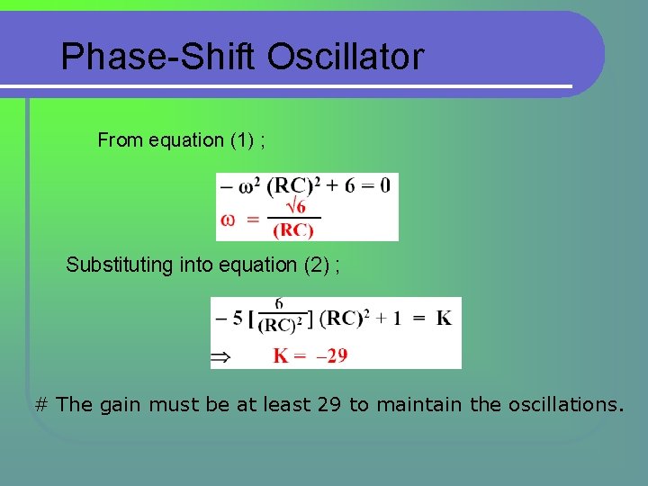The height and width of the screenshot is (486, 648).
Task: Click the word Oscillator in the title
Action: (x=345, y=57)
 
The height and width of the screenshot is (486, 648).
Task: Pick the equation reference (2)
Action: (x=316, y=265)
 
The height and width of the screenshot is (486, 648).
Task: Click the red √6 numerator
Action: (x=293, y=207)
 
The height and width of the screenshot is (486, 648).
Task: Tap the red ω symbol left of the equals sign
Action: (x=229, y=219)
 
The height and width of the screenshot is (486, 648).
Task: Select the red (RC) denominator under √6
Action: (x=293, y=230)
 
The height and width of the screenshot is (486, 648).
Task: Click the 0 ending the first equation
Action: (x=385, y=186)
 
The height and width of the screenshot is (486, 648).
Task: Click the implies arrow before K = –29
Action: (x=220, y=357)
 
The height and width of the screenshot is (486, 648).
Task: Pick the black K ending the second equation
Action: (x=444, y=318)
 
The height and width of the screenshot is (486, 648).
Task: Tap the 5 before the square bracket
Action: (x=238, y=318)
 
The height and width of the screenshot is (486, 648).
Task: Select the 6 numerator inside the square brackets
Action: (x=279, y=305)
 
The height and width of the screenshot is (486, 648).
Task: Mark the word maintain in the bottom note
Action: (x=421, y=405)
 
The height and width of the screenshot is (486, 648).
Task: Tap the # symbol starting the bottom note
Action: (x=40, y=405)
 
